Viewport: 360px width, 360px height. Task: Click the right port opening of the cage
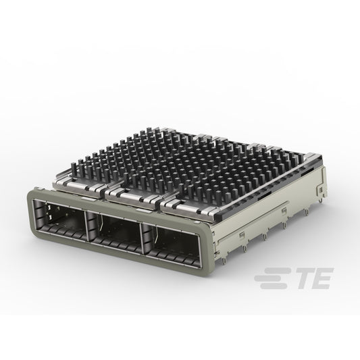click(x=171, y=246)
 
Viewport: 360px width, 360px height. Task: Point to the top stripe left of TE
click(x=275, y=271)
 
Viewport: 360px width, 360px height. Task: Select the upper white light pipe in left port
click(x=49, y=207)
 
